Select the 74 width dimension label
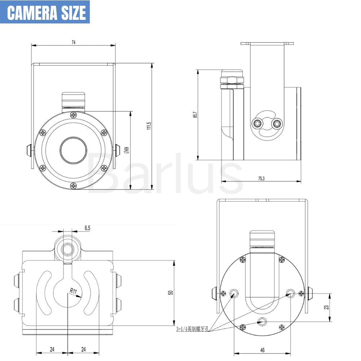click(x=74, y=42)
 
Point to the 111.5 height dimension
click(x=149, y=126)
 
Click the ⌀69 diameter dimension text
click(x=126, y=150)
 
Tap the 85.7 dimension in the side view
click(x=195, y=114)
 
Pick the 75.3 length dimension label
click(x=261, y=178)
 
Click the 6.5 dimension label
click(x=87, y=228)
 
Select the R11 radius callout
click(x=74, y=291)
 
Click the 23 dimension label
click(x=326, y=307)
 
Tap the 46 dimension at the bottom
click(x=262, y=350)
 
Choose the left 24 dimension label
click(x=52, y=349)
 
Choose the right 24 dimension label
click(x=83, y=349)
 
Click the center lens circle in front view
click(x=74, y=150)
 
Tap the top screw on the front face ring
click(x=74, y=115)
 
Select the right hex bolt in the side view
click(x=277, y=124)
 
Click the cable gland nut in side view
click(x=232, y=79)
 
